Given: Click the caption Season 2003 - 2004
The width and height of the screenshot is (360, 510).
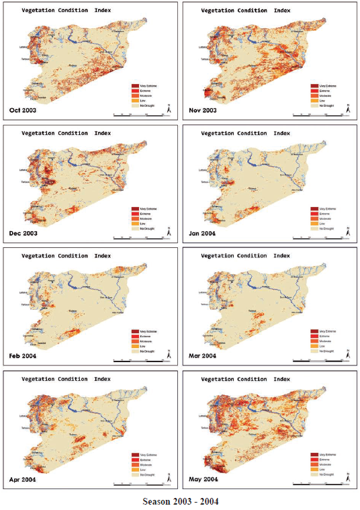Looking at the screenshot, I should point(180,501).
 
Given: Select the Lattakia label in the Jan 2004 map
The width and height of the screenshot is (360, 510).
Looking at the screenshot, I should point(202,170).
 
